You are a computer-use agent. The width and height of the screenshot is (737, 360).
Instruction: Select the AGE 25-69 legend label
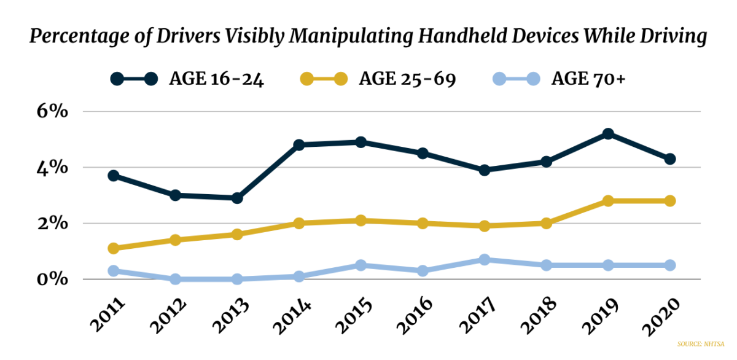407,79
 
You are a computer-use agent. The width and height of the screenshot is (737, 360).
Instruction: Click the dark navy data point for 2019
608,134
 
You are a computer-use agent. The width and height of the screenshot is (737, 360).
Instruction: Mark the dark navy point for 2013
237,198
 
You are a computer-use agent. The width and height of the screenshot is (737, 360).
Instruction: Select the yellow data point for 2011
113,248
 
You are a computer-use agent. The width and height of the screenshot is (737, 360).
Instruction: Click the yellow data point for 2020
670,201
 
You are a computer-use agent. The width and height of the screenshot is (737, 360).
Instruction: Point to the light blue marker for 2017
485,260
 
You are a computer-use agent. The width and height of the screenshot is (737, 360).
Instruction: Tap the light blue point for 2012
175,279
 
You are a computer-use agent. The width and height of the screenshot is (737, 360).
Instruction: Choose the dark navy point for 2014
299,145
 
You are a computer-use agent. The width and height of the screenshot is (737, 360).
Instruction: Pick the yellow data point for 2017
485,226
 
